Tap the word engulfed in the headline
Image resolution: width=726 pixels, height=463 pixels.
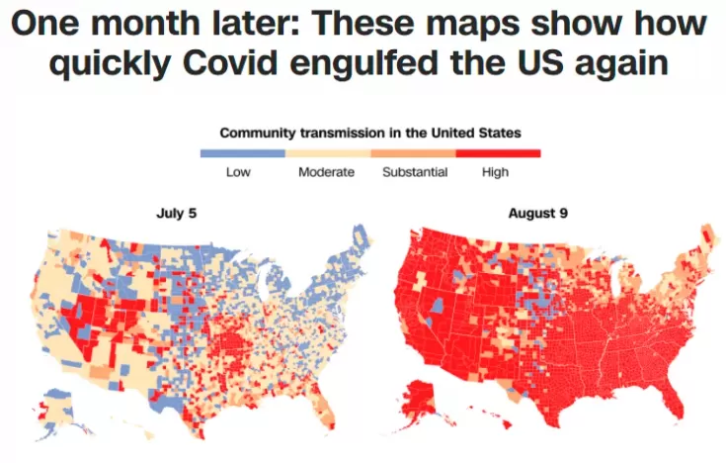[x=363, y=63]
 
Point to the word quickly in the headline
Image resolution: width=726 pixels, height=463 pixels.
[x=111, y=63]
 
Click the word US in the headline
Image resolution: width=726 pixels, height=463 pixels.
[x=540, y=62]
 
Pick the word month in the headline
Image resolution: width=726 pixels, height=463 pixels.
[x=145, y=23]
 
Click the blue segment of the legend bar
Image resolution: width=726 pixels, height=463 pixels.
[x=243, y=153]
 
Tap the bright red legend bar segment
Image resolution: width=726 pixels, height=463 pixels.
[x=498, y=153]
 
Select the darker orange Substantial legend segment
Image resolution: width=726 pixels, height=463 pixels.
[x=413, y=153]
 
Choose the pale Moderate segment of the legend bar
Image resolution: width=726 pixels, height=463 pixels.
[x=328, y=153]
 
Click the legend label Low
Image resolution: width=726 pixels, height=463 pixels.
[x=238, y=172]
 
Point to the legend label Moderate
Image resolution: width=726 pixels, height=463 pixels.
[x=326, y=172]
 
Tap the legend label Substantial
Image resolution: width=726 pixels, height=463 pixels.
[x=415, y=172]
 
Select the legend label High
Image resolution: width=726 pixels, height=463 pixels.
[x=495, y=172]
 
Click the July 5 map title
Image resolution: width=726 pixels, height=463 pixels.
[x=177, y=213]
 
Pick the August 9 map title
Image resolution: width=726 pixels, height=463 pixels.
[x=538, y=213]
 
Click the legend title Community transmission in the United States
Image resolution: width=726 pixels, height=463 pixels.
[x=370, y=134]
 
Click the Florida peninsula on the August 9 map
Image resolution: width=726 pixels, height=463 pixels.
[x=675, y=403]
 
